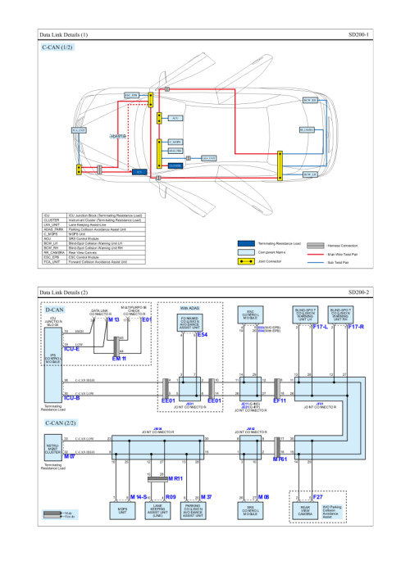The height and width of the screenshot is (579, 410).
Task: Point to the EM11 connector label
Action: pos(119,359)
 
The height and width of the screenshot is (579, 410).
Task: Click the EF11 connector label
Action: pos(279,401)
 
